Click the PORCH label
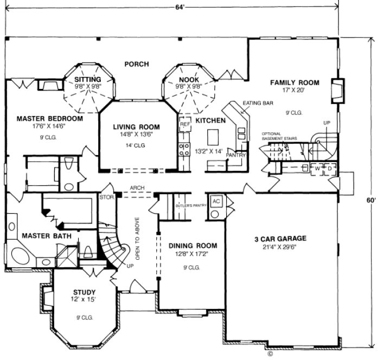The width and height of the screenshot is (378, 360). (x=136, y=64)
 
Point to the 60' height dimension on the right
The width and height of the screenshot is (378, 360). (x=370, y=199)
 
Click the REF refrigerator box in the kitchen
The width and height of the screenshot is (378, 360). (x=185, y=124)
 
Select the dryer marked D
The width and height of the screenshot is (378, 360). (x=329, y=168)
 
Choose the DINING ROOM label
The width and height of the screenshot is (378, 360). (x=188, y=245)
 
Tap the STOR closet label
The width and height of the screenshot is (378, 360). (x=106, y=197)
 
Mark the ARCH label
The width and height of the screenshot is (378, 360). (x=136, y=188)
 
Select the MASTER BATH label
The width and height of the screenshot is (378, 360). (x=41, y=235)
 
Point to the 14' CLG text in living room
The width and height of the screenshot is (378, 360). (x=136, y=145)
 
